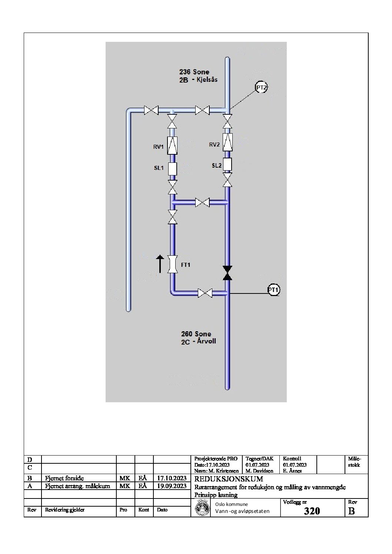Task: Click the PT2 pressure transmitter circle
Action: click(x=261, y=87)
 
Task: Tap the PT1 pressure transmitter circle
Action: click(x=273, y=290)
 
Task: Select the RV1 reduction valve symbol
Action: click(x=172, y=145)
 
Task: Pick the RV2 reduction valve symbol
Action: click(x=227, y=142)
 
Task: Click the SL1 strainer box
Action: click(x=172, y=169)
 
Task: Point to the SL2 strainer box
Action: click(x=227, y=164)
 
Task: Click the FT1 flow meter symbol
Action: click(x=172, y=264)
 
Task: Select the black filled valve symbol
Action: click(x=227, y=273)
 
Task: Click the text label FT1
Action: click(x=186, y=265)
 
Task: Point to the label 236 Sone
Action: click(x=194, y=72)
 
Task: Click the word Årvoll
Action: click(x=206, y=341)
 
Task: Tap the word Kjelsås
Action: click(x=207, y=80)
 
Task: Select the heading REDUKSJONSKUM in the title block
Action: click(x=229, y=479)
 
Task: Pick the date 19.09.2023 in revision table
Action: click(x=172, y=486)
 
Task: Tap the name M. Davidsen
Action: click(x=259, y=471)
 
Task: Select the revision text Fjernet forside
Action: click(x=64, y=478)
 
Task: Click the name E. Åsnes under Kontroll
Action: click(x=292, y=471)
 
